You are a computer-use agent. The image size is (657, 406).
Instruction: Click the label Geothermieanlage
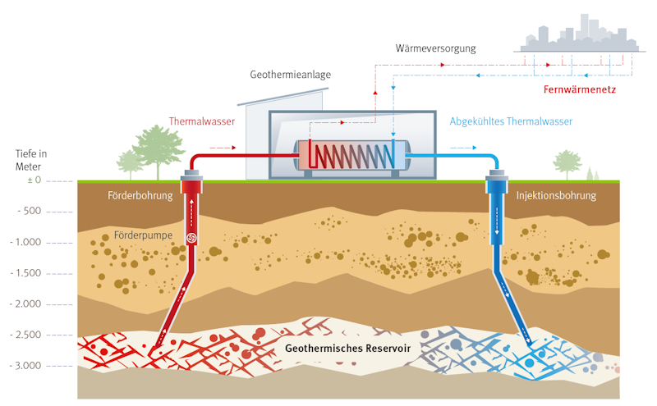(x=290, y=75)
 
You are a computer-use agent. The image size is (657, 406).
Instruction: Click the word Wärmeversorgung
(x=435, y=49)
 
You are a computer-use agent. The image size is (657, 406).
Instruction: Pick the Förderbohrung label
(x=140, y=196)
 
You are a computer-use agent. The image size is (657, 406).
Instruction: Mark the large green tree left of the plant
(x=159, y=148)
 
